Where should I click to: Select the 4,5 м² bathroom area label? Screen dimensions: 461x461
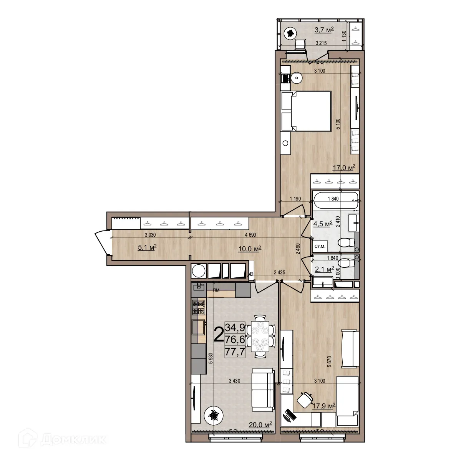click(x=322, y=224)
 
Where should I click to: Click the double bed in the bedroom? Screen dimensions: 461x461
click(x=306, y=111)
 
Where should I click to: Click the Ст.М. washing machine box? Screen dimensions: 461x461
click(x=320, y=246)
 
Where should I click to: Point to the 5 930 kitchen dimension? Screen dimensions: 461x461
click(x=210, y=359)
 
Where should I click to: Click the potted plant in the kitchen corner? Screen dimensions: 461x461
click(x=214, y=415)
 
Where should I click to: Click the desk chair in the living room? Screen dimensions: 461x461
click(x=305, y=400)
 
